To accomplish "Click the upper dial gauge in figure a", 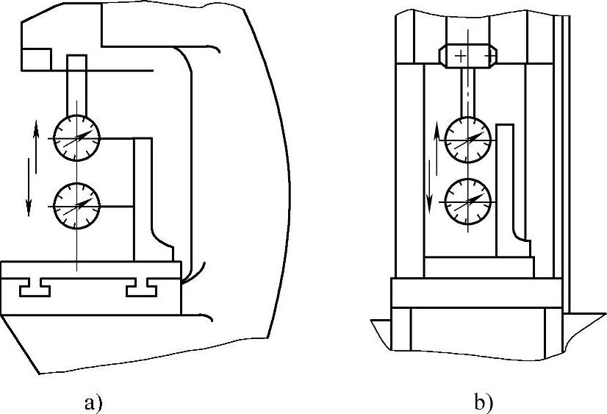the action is (x=76, y=138).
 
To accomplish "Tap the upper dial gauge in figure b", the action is (x=468, y=137).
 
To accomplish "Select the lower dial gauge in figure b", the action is (x=468, y=199).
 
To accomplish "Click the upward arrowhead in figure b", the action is (x=437, y=129).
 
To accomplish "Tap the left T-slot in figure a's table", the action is (x=35, y=289).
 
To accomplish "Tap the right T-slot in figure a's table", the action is (x=141, y=289).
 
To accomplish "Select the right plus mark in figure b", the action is (x=489, y=55).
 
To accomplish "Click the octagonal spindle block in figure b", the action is (x=469, y=55).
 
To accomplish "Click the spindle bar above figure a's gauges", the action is (x=76, y=85).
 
